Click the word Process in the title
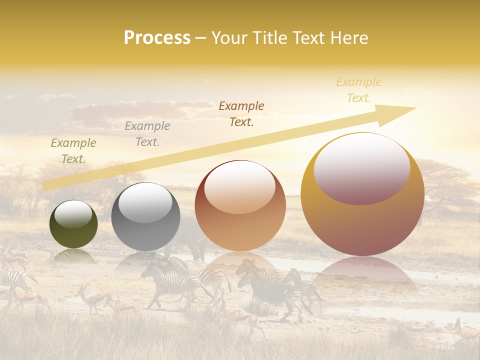(157, 38)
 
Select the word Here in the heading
(349, 38)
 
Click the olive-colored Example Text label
(73, 151)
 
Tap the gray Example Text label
(147, 134)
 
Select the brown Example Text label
(241, 113)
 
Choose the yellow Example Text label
(359, 90)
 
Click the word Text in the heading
(310, 38)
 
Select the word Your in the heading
(229, 38)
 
